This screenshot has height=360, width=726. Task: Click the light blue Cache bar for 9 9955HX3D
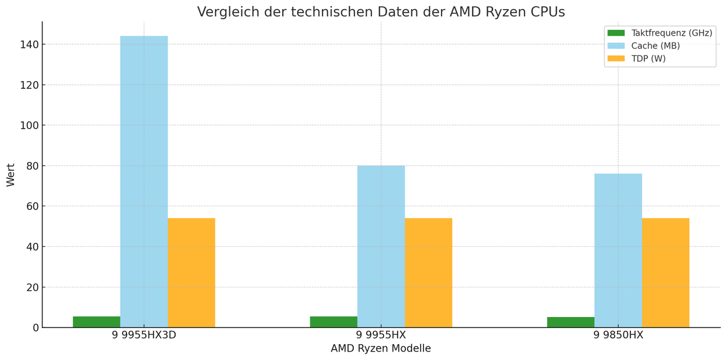(144, 182)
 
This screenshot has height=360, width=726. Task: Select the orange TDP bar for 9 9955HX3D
(191, 272)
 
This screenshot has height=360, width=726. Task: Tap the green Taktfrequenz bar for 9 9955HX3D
(97, 322)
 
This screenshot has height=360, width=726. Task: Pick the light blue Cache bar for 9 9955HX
(381, 246)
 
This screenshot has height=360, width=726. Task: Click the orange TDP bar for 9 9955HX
(428, 272)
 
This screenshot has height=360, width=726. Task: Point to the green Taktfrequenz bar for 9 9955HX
(333, 322)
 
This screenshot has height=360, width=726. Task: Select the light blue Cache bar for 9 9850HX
(618, 250)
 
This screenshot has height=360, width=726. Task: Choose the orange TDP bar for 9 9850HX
(665, 272)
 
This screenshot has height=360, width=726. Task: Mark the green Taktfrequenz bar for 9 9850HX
(571, 322)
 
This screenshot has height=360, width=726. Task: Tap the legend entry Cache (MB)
(655, 46)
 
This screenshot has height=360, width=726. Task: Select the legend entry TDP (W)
(648, 59)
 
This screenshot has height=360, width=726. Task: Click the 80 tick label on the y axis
(31, 166)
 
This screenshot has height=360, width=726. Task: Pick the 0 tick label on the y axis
(36, 328)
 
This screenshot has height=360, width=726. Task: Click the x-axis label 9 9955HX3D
(144, 335)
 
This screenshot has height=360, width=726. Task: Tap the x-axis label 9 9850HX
(618, 335)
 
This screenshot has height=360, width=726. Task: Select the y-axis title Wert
(11, 175)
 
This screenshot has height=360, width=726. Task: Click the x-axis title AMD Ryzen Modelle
(381, 349)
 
